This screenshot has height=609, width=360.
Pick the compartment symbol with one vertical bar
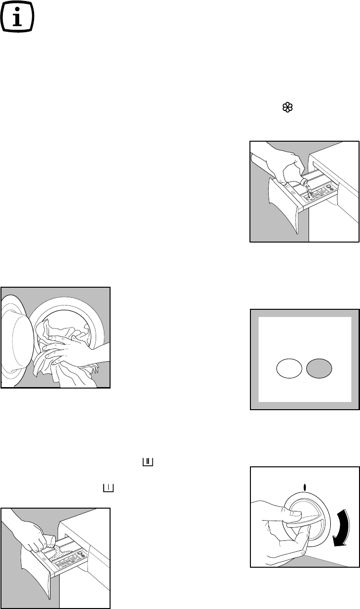pyautogui.click(x=108, y=488)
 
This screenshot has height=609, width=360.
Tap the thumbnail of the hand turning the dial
pyautogui.click(x=305, y=524)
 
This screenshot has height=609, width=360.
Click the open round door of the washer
pyautogui.click(x=19, y=336)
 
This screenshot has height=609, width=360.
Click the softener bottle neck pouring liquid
pyautogui.click(x=305, y=183)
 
